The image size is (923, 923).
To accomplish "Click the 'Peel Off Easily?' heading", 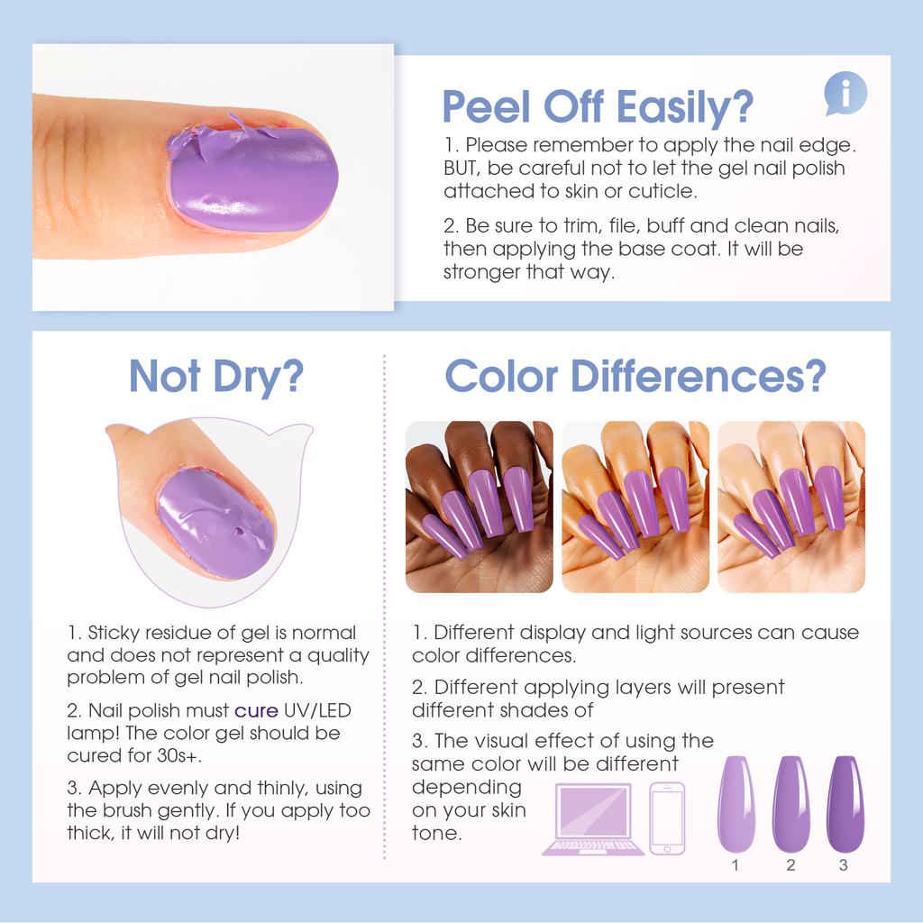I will (x=597, y=107).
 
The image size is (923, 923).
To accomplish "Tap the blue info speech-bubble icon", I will (x=845, y=94).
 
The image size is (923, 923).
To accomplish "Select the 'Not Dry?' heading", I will (x=215, y=376).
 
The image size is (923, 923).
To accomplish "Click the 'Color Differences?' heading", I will (x=635, y=376).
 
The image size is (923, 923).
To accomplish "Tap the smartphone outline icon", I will (x=667, y=818).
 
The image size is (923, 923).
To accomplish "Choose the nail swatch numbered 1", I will (x=736, y=803).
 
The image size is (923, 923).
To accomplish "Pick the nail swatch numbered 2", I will (x=790, y=803).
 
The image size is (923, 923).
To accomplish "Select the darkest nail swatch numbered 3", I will (x=845, y=803).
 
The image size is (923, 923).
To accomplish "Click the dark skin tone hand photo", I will (x=479, y=507).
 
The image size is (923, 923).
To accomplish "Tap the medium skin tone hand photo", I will (x=635, y=507).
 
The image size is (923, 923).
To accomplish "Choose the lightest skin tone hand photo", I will (x=790, y=507).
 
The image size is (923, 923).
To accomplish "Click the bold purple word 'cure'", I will (x=256, y=710).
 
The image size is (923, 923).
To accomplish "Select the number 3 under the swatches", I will (x=844, y=865).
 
